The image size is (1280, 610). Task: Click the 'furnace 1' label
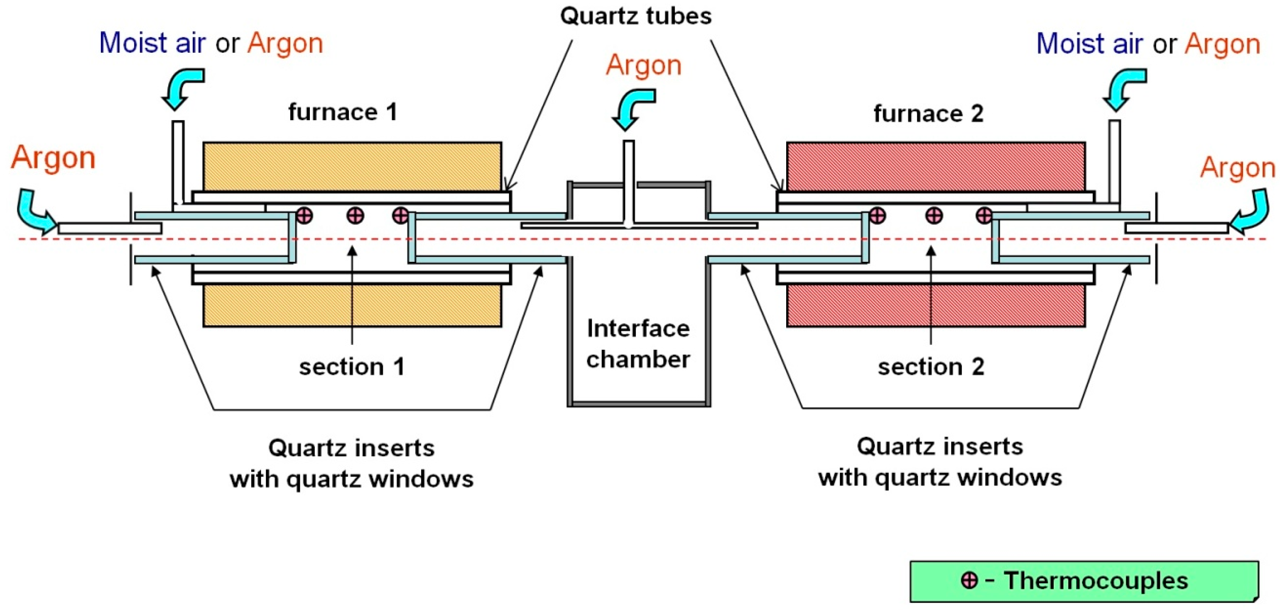coord(343,112)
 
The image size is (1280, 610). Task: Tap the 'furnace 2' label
coord(928,113)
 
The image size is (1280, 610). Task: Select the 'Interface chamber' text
coord(638,344)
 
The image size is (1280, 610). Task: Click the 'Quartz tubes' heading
coord(635,16)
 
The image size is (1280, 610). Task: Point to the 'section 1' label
coord(352,367)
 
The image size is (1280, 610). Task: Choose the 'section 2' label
coord(931,367)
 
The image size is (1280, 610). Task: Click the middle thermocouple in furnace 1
coord(355,216)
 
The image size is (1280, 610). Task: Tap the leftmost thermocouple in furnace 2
coord(877,216)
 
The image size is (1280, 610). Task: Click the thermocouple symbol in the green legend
coord(969,580)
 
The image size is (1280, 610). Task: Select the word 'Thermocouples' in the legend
coord(1096,580)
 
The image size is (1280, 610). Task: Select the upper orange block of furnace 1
coord(352,167)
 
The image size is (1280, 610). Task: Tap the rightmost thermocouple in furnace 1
coord(400,216)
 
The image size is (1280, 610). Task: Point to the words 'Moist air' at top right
coord(1089,43)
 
